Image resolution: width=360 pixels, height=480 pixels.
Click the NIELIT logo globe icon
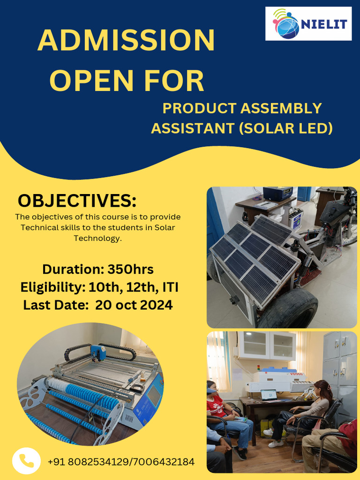click(x=286, y=23)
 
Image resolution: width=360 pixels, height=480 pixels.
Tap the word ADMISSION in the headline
click(x=126, y=41)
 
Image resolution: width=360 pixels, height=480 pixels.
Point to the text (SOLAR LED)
click(x=285, y=128)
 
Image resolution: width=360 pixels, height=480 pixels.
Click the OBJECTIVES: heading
click(x=77, y=201)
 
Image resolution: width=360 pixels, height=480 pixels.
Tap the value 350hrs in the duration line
click(x=130, y=270)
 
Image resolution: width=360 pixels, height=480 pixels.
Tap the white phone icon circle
click(x=26, y=461)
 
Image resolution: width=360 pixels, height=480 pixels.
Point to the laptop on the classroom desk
click(x=269, y=395)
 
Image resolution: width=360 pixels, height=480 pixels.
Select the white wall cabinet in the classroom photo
click(x=267, y=345)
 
